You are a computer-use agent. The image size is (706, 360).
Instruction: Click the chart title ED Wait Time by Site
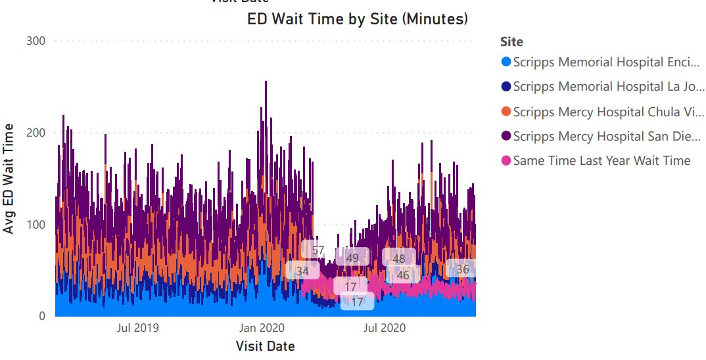(358, 19)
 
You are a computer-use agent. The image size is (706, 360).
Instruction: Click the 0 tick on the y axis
(41, 316)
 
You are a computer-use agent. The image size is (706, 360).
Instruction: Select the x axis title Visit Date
(265, 346)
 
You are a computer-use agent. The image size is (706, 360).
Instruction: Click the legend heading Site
(511, 42)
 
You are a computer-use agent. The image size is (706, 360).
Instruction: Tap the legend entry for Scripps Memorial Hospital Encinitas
(601, 62)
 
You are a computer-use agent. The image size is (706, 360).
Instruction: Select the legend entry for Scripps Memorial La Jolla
(601, 87)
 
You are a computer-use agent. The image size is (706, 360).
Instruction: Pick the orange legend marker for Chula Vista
(506, 112)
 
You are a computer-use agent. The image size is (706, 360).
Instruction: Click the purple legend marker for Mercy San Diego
(506, 136)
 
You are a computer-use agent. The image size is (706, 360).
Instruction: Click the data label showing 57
(318, 250)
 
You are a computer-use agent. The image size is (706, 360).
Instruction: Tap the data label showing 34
(302, 270)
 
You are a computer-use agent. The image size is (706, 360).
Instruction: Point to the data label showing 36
(463, 269)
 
